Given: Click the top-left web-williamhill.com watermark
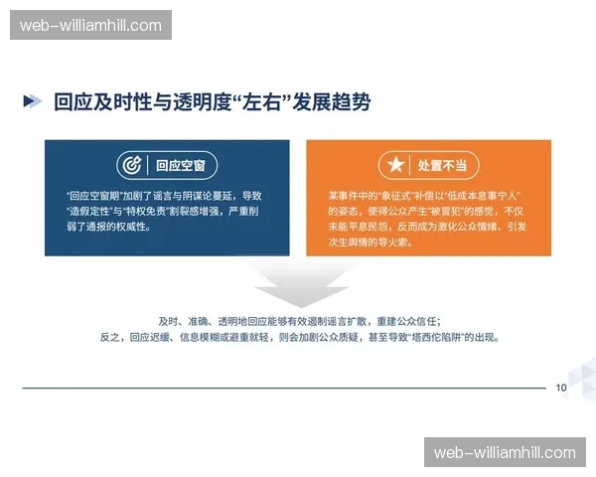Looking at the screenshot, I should pos(90,25).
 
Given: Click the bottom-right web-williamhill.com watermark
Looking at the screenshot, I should pos(505,452).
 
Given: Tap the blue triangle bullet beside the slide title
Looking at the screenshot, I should pos(33,101).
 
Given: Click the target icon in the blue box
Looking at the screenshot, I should pos(130,165).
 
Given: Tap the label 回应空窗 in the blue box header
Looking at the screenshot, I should pos(182,165).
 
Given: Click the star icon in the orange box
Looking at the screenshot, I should pos(394,165).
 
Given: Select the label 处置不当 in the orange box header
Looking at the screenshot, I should pos(442,165).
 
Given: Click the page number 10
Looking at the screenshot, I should pos(561,388).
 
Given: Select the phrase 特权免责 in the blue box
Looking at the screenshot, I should pos(150,212).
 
